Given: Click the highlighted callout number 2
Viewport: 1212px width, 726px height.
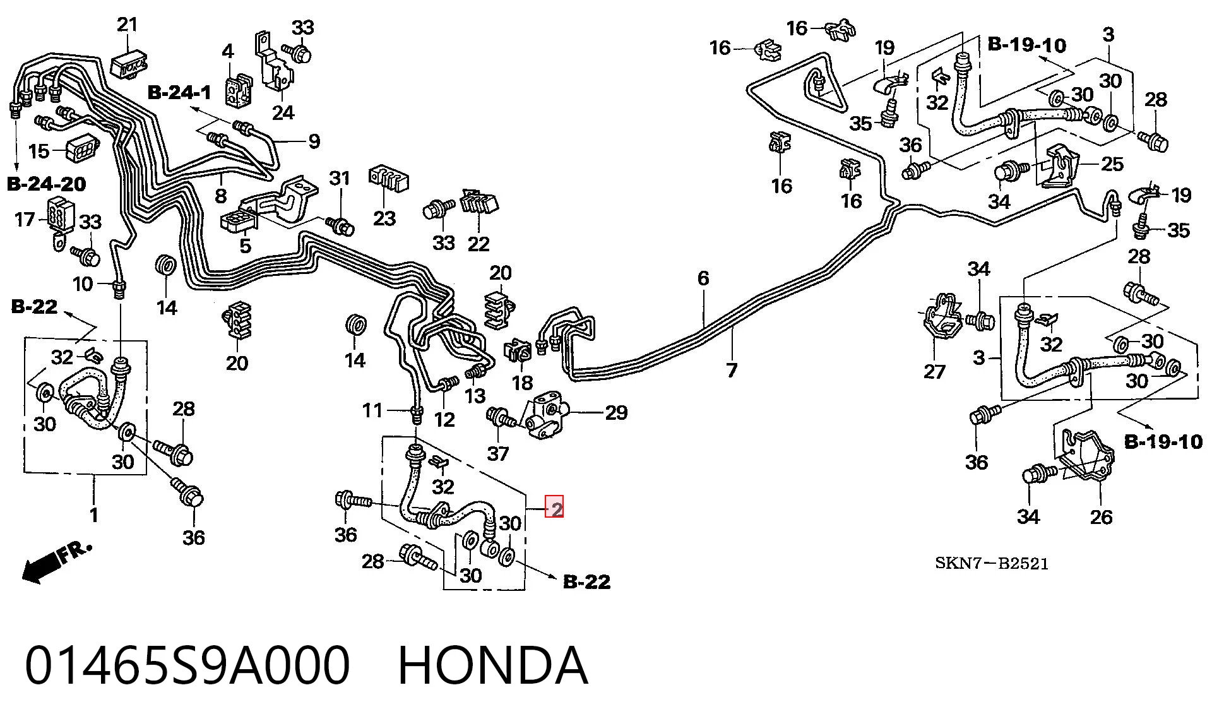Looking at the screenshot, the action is (554, 508).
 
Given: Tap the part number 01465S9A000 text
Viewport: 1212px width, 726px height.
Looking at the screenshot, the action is (187, 665).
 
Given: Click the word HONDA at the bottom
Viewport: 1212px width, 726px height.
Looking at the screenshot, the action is (493, 665).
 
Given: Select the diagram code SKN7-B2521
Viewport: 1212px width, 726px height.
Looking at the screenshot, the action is (992, 563).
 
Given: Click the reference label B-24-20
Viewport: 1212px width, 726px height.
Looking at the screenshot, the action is (47, 184).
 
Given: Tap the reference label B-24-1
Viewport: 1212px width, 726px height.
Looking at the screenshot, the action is (179, 93).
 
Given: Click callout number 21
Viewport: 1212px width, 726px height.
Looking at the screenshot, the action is (127, 25).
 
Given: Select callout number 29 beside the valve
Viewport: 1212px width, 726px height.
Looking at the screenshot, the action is (616, 412).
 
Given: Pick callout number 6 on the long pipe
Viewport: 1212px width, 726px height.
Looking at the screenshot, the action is (703, 278).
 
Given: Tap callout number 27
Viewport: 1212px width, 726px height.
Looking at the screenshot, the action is (934, 371).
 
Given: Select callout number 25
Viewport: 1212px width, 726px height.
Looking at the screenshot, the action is (1112, 164).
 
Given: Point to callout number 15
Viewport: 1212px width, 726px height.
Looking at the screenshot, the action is (39, 151).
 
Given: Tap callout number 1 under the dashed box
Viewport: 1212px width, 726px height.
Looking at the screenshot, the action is (94, 515).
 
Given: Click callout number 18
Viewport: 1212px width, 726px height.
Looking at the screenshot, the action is (522, 382).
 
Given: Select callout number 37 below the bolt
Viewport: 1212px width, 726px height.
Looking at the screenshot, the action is (498, 453).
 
